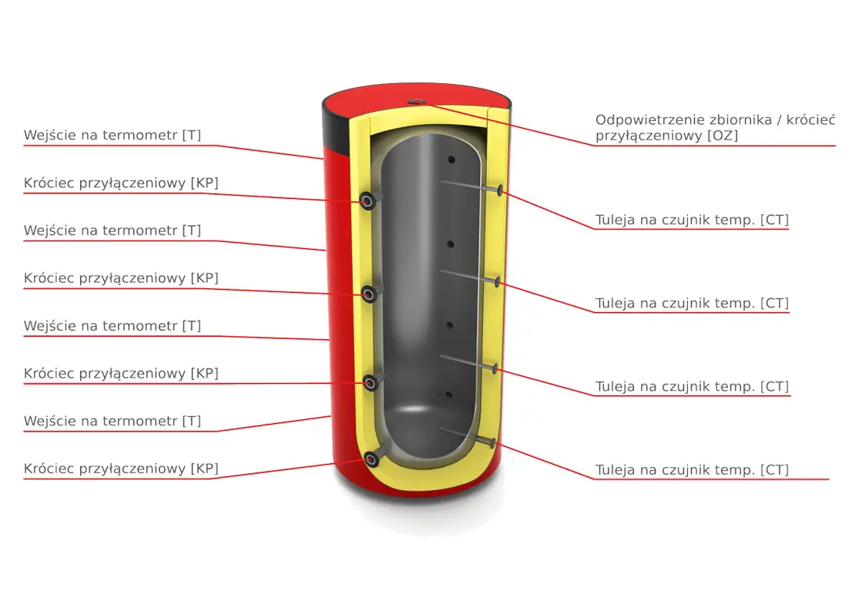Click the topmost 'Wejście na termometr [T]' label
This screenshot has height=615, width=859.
[112, 136]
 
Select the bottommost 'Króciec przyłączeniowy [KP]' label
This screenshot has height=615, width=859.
[121, 469]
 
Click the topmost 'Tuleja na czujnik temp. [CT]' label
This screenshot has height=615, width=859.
[692, 220]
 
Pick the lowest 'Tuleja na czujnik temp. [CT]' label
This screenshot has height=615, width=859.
[692, 470]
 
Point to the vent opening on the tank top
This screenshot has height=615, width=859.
[416, 101]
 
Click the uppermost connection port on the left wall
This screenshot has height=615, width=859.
[370, 201]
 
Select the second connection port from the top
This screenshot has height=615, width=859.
[371, 293]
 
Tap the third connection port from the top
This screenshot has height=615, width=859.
[371, 382]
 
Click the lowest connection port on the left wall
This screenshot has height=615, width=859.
[373, 459]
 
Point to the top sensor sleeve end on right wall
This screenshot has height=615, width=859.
[502, 190]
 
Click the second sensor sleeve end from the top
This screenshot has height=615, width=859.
[498, 281]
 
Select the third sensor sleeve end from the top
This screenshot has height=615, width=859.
[495, 369]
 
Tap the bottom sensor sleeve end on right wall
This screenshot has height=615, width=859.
[491, 442]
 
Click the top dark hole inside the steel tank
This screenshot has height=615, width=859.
[451, 160]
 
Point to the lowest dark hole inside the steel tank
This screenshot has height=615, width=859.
[449, 396]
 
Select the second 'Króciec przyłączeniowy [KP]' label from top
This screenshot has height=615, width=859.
[121, 278]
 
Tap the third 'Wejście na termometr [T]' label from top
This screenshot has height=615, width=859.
[112, 326]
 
